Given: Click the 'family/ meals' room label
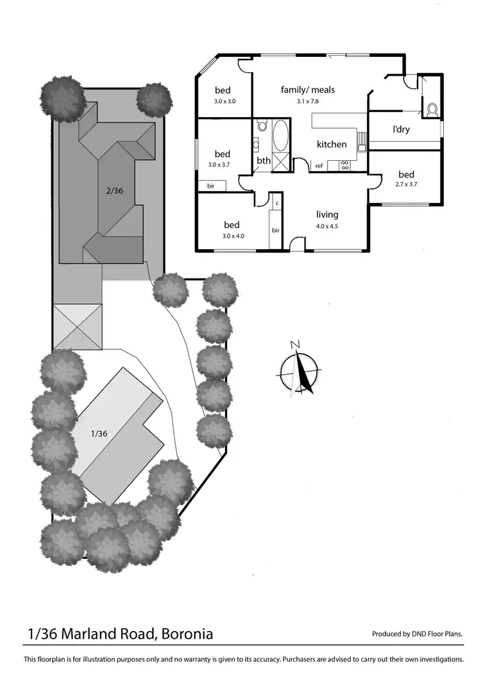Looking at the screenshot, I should (308, 90).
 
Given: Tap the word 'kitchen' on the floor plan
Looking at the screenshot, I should (332, 145).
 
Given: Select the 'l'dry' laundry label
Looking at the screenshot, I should (401, 129).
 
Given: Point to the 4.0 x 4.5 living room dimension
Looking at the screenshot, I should (326, 226).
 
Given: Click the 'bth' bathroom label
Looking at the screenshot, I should (264, 161).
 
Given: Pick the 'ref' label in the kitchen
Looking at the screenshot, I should (319, 167).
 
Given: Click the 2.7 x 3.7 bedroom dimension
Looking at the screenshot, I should (406, 185).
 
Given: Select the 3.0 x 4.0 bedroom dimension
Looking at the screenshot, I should (232, 236).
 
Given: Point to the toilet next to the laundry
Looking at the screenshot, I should (431, 110).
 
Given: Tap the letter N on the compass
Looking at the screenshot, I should (295, 345).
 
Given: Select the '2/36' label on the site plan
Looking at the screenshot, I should (114, 190).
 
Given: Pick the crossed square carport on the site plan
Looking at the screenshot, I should (78, 327).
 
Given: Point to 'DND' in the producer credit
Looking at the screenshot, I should (421, 634).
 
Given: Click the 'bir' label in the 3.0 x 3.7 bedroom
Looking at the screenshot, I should (211, 186).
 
